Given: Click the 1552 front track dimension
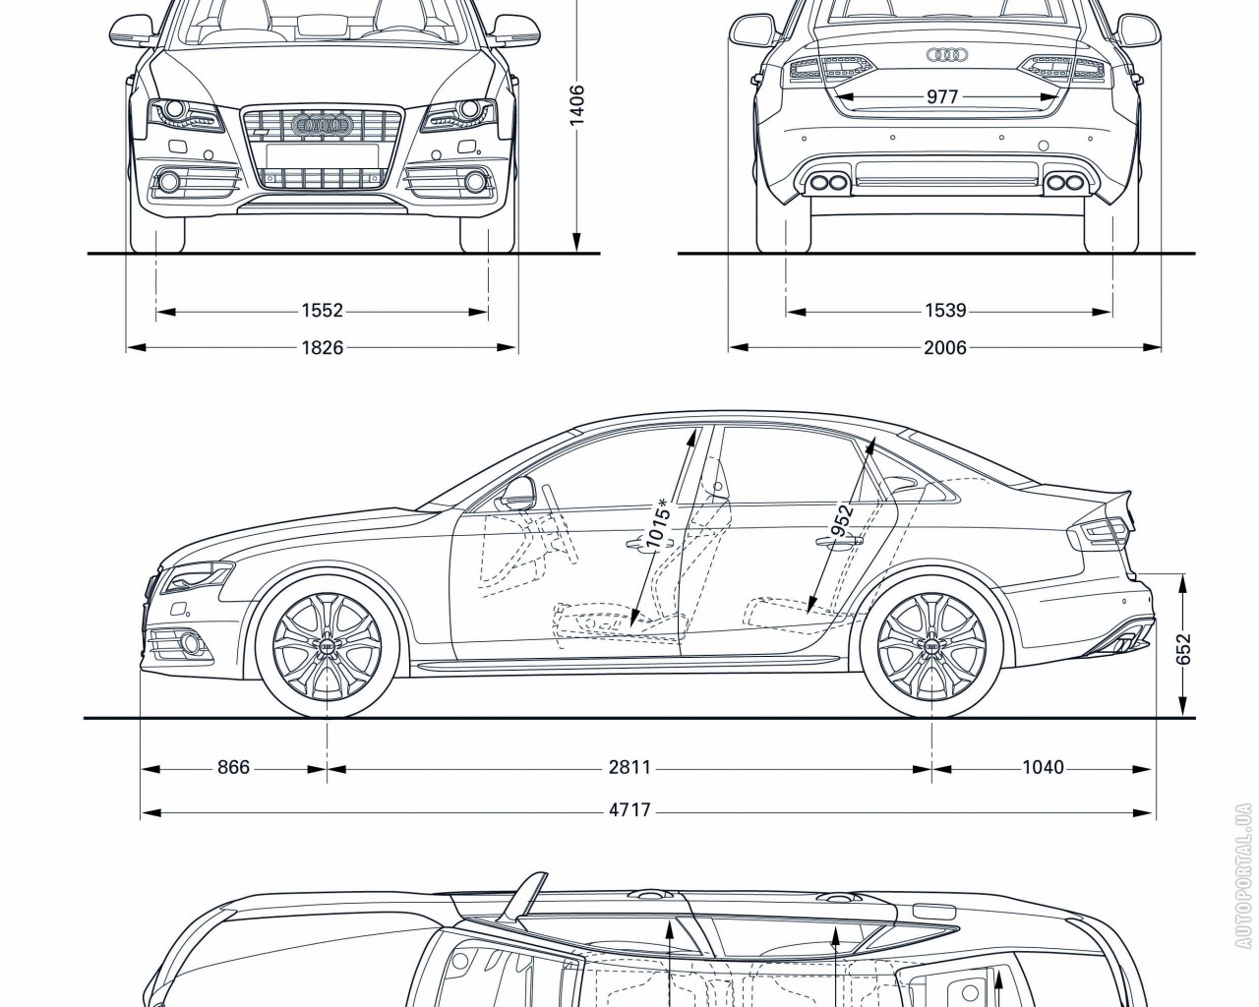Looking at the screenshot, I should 323,311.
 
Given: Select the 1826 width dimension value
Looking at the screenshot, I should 323,347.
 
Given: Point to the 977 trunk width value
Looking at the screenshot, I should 941,97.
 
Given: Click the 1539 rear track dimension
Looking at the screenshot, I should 945,311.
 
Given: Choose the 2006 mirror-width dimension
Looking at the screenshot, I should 945,347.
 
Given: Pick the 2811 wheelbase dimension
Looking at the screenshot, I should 629,767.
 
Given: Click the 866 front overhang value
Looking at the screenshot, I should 233,767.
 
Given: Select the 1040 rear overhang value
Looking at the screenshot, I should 1043,767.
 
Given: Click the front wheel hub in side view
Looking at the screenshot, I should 325,645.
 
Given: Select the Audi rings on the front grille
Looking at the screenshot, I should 323,125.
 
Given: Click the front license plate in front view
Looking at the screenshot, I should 322,155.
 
